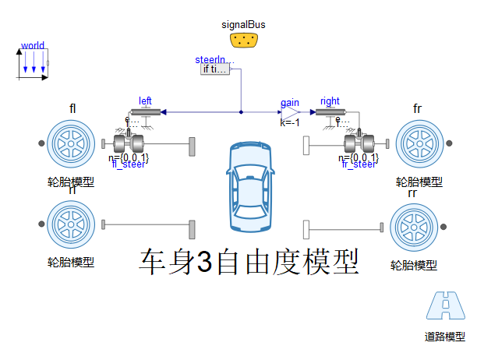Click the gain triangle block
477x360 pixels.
point(291,112)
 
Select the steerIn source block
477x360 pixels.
point(215,69)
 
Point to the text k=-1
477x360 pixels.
point(291,122)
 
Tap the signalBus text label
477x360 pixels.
point(245,24)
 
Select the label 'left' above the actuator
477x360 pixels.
point(145,101)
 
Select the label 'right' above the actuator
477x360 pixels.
point(330,101)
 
